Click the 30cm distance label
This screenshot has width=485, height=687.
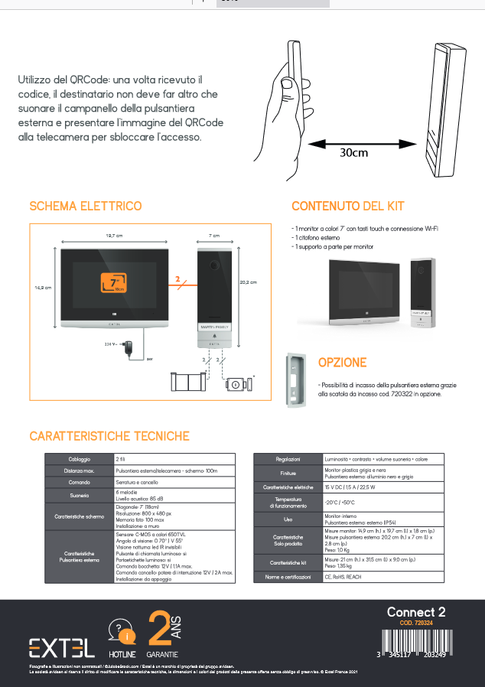(x=353, y=151)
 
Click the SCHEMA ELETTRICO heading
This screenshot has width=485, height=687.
(x=85, y=207)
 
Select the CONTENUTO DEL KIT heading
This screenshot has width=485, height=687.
(x=348, y=207)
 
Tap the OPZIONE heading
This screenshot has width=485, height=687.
(x=342, y=363)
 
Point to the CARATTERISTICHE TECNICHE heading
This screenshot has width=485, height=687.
(x=109, y=436)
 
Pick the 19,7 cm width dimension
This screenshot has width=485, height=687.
(x=115, y=236)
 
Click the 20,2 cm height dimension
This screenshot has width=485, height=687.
(x=248, y=282)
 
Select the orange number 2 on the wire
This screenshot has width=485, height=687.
(x=177, y=281)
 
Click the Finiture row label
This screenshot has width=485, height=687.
(x=288, y=473)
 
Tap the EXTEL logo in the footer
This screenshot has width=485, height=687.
(x=62, y=647)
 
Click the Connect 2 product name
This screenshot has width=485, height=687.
(x=415, y=612)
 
